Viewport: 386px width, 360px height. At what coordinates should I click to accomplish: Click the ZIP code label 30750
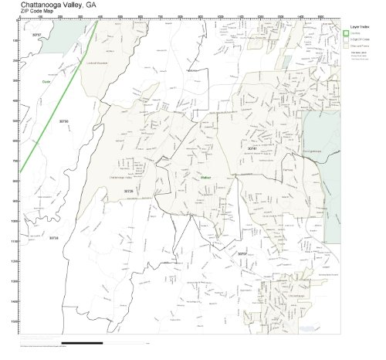(63, 121)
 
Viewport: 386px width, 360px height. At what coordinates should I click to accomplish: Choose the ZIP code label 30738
(53, 239)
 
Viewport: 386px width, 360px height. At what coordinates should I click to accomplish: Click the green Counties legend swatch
(347, 33)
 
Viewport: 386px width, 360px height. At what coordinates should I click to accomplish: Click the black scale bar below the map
(80, 342)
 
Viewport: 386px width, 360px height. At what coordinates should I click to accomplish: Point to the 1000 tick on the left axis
(13, 221)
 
